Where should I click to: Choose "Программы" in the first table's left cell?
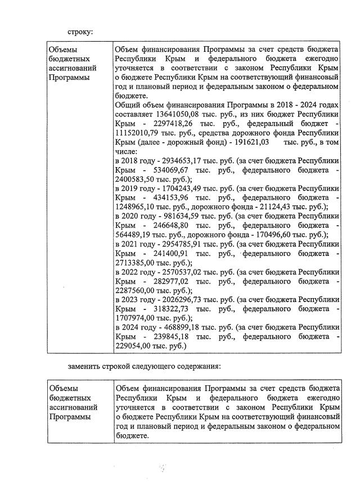click(69, 77)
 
